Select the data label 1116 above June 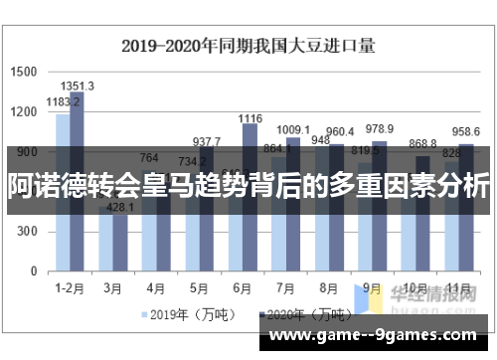249,118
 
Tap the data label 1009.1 292,129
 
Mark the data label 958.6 464,132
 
